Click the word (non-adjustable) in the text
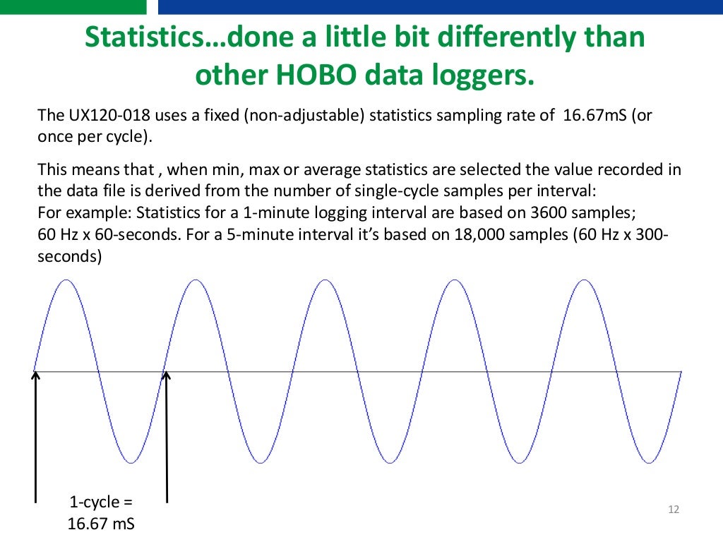pos(304,115)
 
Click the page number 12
pos(673,510)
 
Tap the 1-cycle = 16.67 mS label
pos(100,513)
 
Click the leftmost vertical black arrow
pos(35,438)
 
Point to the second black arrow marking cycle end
pos(167,438)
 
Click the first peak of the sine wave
pos(66,281)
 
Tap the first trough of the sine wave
pos(131,462)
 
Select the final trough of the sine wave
pos(647,462)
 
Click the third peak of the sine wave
pos(325,281)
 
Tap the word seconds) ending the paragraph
pos(69,257)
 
